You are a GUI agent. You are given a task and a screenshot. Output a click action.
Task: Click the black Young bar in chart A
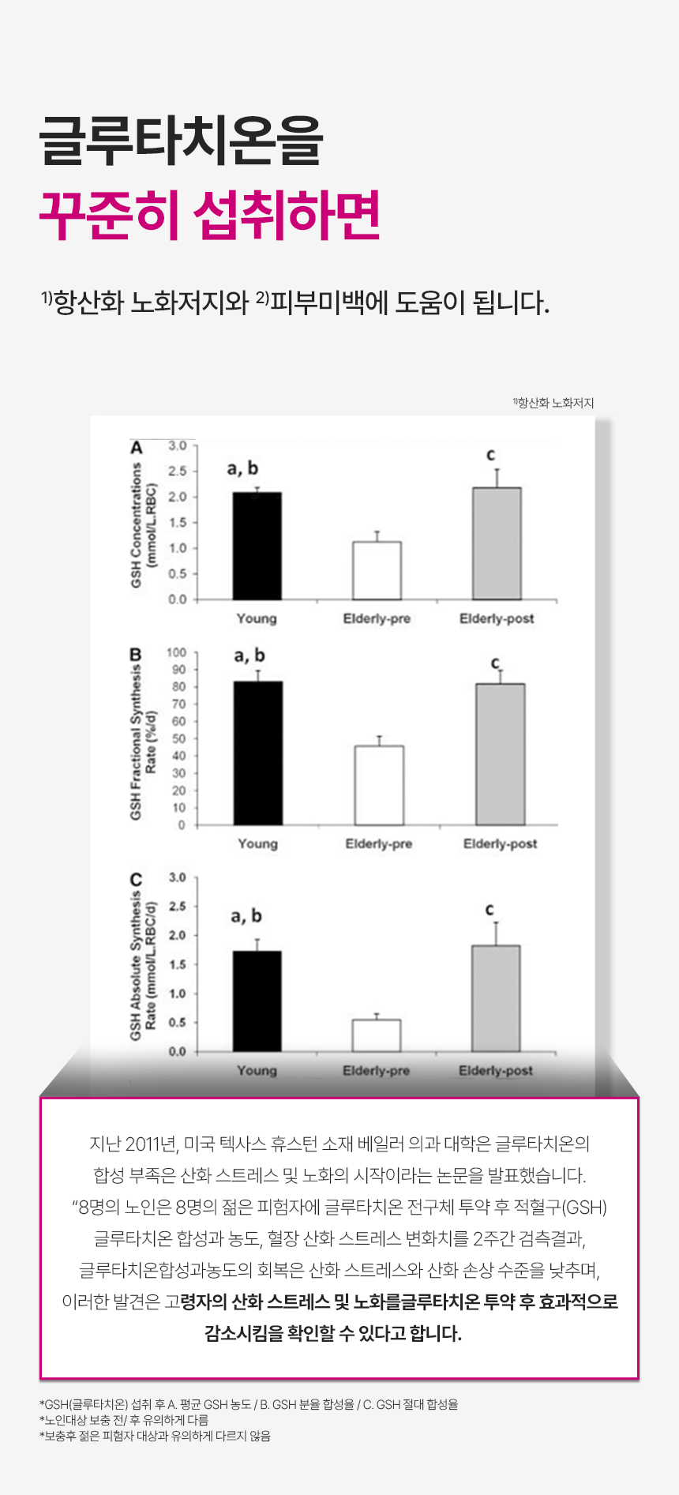pos(257,546)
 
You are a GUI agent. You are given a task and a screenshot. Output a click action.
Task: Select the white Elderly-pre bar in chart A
pos(377,570)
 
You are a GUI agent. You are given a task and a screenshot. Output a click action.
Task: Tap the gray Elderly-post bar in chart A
pos(497,543)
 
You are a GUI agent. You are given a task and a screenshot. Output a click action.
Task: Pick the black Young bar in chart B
pos(258,753)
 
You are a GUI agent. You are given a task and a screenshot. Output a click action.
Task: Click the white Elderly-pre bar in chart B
pos(379,785)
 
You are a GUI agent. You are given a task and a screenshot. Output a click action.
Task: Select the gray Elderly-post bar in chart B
pos(500,754)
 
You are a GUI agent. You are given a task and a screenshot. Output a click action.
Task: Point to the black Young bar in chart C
pos(257,1001)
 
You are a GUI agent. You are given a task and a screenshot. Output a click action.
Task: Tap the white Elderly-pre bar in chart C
pos(377,1035)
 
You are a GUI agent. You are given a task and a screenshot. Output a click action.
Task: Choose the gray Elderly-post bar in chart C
pos(496,998)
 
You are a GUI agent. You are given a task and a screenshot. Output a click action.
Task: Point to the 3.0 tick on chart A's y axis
pos(178,446)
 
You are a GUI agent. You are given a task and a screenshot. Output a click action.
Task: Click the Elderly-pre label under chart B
pos(379,844)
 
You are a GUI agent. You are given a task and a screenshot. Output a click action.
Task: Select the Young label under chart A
pos(257,618)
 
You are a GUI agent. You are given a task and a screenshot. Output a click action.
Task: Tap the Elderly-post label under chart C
pos(496,1071)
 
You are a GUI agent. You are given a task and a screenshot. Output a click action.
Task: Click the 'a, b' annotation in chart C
pos(246,916)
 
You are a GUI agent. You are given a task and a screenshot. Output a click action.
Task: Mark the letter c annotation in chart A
pos(491,455)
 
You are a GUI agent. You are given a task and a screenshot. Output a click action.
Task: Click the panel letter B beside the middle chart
pos(136,655)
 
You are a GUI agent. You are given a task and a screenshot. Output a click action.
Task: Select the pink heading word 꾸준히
pos(111,215)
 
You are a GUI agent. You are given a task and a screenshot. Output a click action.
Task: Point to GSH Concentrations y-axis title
pos(137,524)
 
